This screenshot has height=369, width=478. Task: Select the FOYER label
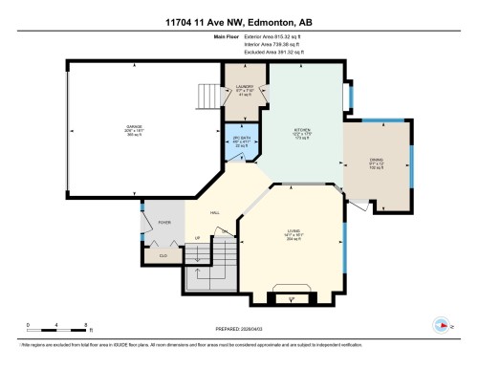pos(164,222)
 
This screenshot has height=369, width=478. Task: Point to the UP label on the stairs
pos(198,237)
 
